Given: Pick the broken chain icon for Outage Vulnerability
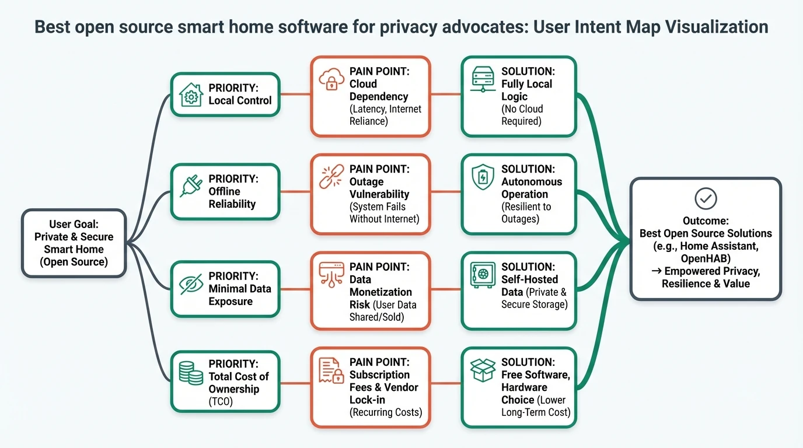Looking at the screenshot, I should click(x=331, y=176).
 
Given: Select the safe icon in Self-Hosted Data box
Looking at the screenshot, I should click(x=483, y=274).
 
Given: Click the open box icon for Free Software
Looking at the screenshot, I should click(x=483, y=370).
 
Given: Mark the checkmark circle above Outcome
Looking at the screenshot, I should click(x=706, y=199).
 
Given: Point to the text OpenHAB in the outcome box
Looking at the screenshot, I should click(x=705, y=258).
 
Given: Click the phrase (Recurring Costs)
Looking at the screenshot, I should click(x=385, y=412).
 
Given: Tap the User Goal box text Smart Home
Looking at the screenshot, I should click(x=74, y=249).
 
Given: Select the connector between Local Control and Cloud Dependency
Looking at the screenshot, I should click(x=295, y=94).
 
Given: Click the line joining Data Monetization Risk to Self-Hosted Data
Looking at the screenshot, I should click(x=446, y=289).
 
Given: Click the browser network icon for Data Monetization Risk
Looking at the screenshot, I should click(x=331, y=274).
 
